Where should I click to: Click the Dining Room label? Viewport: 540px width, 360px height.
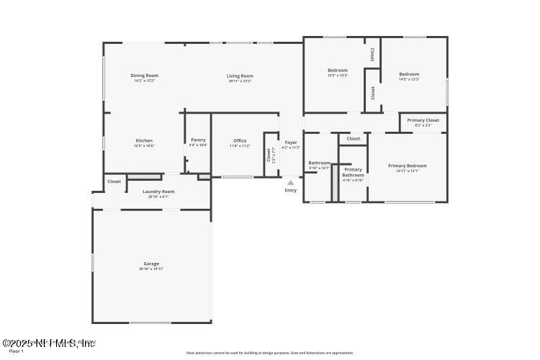tap(144, 76)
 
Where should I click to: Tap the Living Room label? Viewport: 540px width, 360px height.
tap(240, 76)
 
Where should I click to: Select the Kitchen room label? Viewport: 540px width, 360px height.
tap(144, 140)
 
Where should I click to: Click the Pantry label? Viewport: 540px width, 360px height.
tap(198, 140)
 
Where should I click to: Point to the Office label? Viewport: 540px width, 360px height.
tap(240, 141)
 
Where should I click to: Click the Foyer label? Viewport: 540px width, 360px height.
tap(291, 143)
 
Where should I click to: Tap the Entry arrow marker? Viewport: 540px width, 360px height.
tap(290, 183)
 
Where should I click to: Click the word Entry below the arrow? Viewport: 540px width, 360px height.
tap(290, 191)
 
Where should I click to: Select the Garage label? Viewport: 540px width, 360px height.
tap(151, 264)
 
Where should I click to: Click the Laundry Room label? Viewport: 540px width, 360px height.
tap(158, 192)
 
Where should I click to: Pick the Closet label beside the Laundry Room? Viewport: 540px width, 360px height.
tap(114, 182)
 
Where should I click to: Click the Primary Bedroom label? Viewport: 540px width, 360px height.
tap(408, 166)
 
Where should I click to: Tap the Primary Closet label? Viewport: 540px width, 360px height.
tap(423, 120)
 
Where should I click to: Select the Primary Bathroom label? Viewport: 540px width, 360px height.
tap(353, 172)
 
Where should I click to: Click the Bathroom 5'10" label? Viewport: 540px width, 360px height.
tap(319, 163)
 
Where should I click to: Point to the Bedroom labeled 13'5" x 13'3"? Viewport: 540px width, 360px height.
tap(338, 71)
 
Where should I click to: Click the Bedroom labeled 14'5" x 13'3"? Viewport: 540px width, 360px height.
tap(409, 74)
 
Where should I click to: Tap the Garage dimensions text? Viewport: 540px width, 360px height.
tap(151, 269)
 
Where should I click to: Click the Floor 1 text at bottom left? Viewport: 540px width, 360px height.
tap(11, 351)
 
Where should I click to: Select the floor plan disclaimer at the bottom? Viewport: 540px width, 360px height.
tap(270, 353)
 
